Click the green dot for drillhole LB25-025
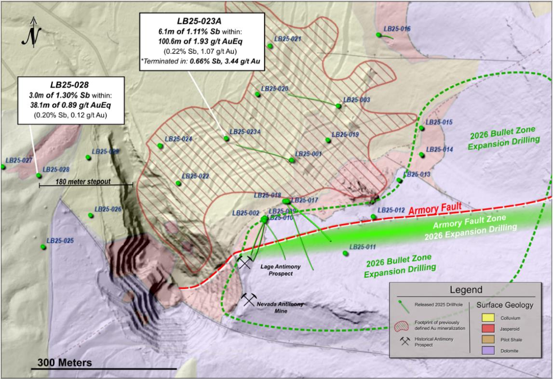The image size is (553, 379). click(x=43, y=247)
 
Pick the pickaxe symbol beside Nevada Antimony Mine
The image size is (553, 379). click(x=249, y=299)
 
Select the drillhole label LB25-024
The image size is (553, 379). click(x=178, y=139)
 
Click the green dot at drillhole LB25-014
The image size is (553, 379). click(x=422, y=155)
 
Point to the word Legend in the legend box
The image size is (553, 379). click(x=465, y=290)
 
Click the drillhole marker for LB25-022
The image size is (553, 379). click(x=178, y=183)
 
